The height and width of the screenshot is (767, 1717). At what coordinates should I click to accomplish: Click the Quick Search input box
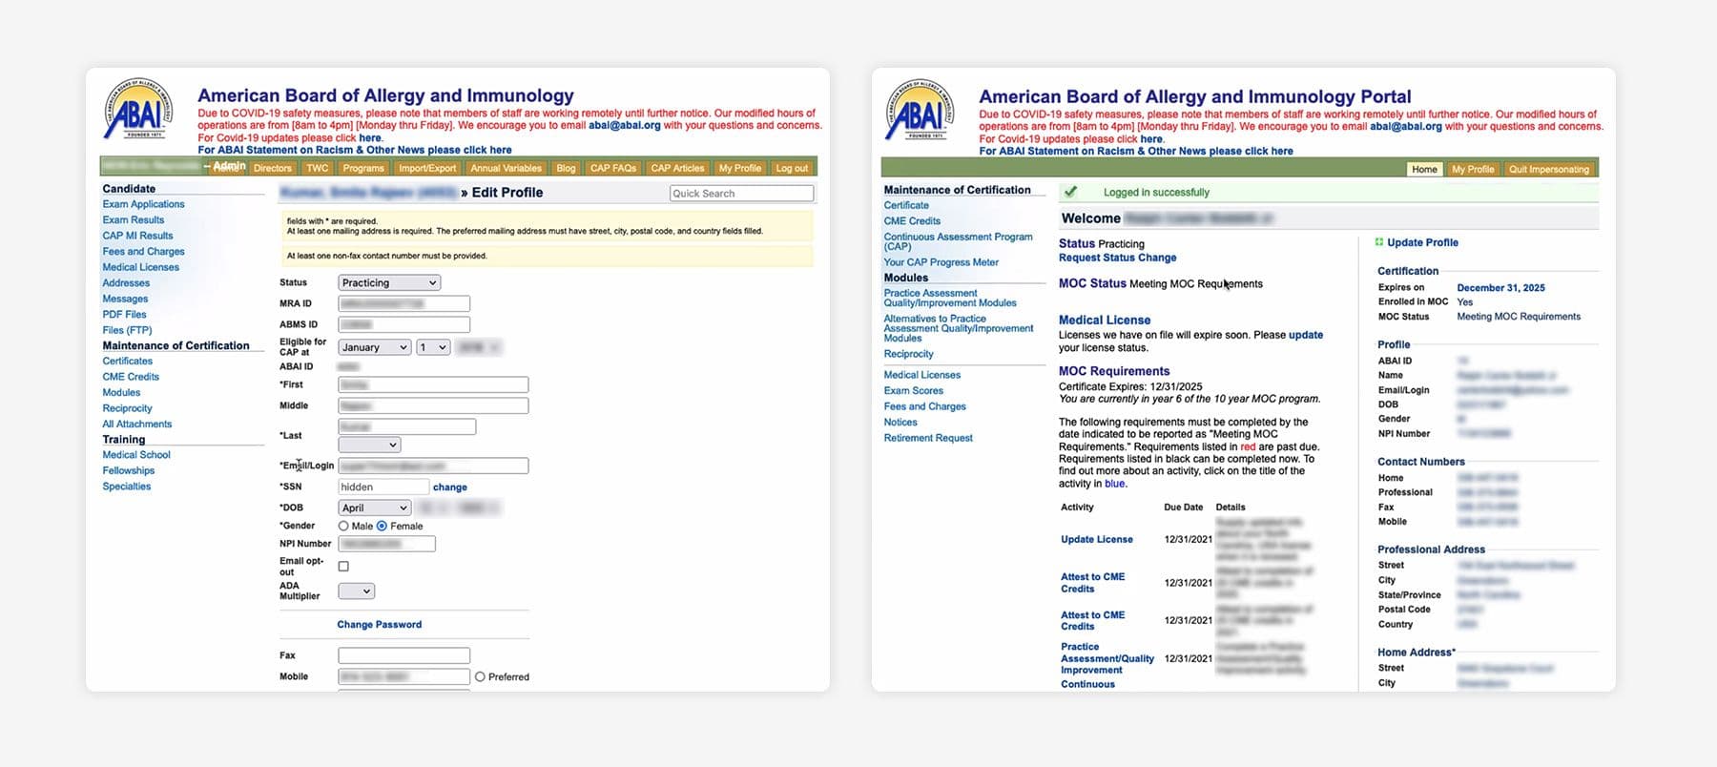point(741,194)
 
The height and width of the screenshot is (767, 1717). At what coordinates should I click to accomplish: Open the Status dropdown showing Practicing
point(388,283)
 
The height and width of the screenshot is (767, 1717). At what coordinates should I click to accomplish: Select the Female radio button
point(383,527)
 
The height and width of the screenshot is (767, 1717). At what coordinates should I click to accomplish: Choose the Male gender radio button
point(343,527)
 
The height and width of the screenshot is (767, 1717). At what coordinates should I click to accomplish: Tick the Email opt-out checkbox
point(343,567)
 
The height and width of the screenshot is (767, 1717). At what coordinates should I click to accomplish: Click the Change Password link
point(379,625)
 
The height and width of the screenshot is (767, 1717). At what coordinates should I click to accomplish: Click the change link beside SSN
point(450,487)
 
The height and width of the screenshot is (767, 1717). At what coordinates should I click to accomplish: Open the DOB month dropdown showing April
point(374,508)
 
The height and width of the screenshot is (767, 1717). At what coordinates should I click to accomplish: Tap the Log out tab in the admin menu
point(791,169)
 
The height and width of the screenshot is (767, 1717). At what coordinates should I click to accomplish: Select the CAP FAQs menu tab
point(612,169)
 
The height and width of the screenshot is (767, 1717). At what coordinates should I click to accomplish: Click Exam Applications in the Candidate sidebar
point(143,204)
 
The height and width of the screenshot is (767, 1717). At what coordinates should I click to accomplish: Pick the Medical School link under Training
point(136,455)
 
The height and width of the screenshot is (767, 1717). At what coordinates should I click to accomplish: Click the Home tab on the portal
point(1424,170)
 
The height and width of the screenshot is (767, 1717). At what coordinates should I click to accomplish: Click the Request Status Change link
point(1117,258)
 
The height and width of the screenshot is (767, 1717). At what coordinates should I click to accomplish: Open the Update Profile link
point(1421,243)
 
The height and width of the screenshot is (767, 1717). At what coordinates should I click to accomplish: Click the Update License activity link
point(1097,540)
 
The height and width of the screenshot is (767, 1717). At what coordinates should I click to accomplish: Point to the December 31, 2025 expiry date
point(1500,288)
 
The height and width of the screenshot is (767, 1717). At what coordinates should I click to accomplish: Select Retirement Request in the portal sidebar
point(928,439)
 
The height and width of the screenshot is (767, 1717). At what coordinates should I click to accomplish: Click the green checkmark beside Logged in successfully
point(1070,192)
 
